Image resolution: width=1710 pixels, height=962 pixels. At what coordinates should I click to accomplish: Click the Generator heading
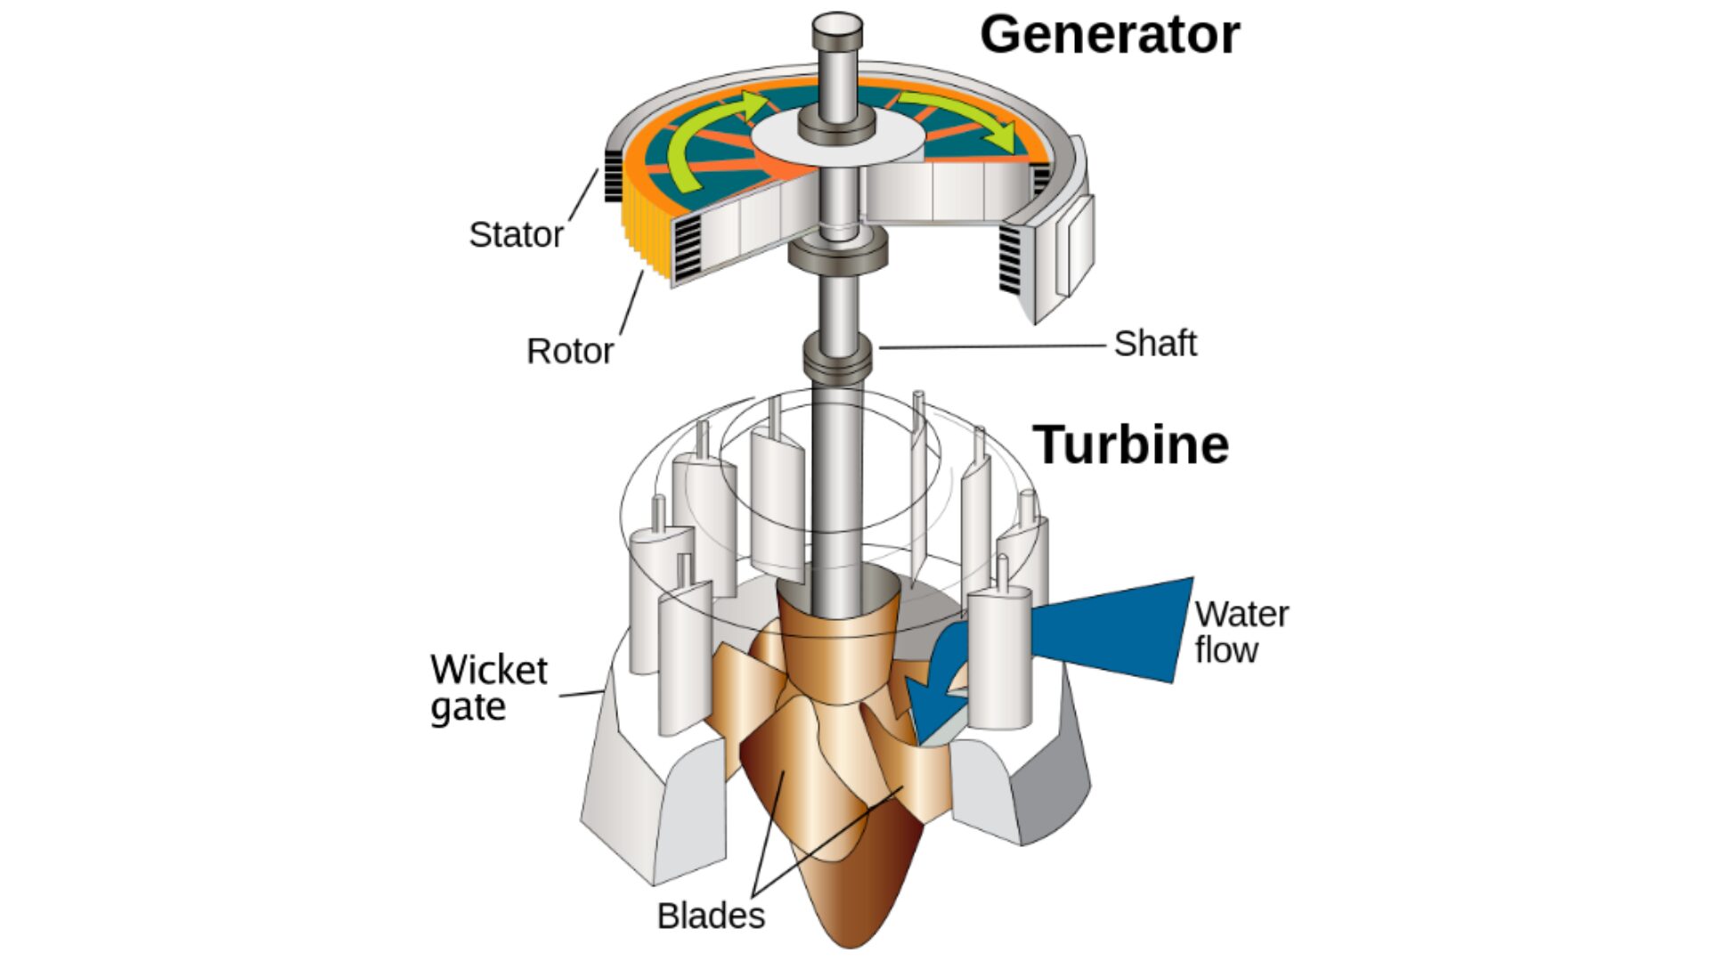(1109, 36)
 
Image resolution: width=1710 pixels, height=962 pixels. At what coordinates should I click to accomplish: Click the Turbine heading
(1130, 444)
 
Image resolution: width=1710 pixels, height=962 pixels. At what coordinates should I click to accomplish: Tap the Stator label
(516, 235)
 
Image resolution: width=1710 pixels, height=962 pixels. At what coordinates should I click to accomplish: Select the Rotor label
(569, 351)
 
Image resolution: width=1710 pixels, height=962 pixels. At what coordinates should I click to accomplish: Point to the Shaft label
(1154, 344)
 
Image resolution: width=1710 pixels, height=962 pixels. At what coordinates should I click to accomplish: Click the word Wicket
(488, 670)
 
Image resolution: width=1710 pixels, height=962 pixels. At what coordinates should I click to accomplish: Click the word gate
(468, 708)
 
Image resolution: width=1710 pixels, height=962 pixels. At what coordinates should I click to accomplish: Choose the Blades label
(710, 916)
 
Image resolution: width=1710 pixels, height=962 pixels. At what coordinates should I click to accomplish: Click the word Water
(1241, 615)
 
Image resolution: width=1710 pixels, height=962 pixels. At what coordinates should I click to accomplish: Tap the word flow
(1225, 650)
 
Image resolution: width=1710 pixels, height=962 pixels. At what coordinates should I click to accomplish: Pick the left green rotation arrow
(695, 143)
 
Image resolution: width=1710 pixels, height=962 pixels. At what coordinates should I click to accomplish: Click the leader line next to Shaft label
(989, 346)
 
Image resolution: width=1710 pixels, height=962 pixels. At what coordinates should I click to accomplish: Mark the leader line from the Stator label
(582, 198)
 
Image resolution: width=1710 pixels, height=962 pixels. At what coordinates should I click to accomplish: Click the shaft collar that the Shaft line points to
(836, 355)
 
